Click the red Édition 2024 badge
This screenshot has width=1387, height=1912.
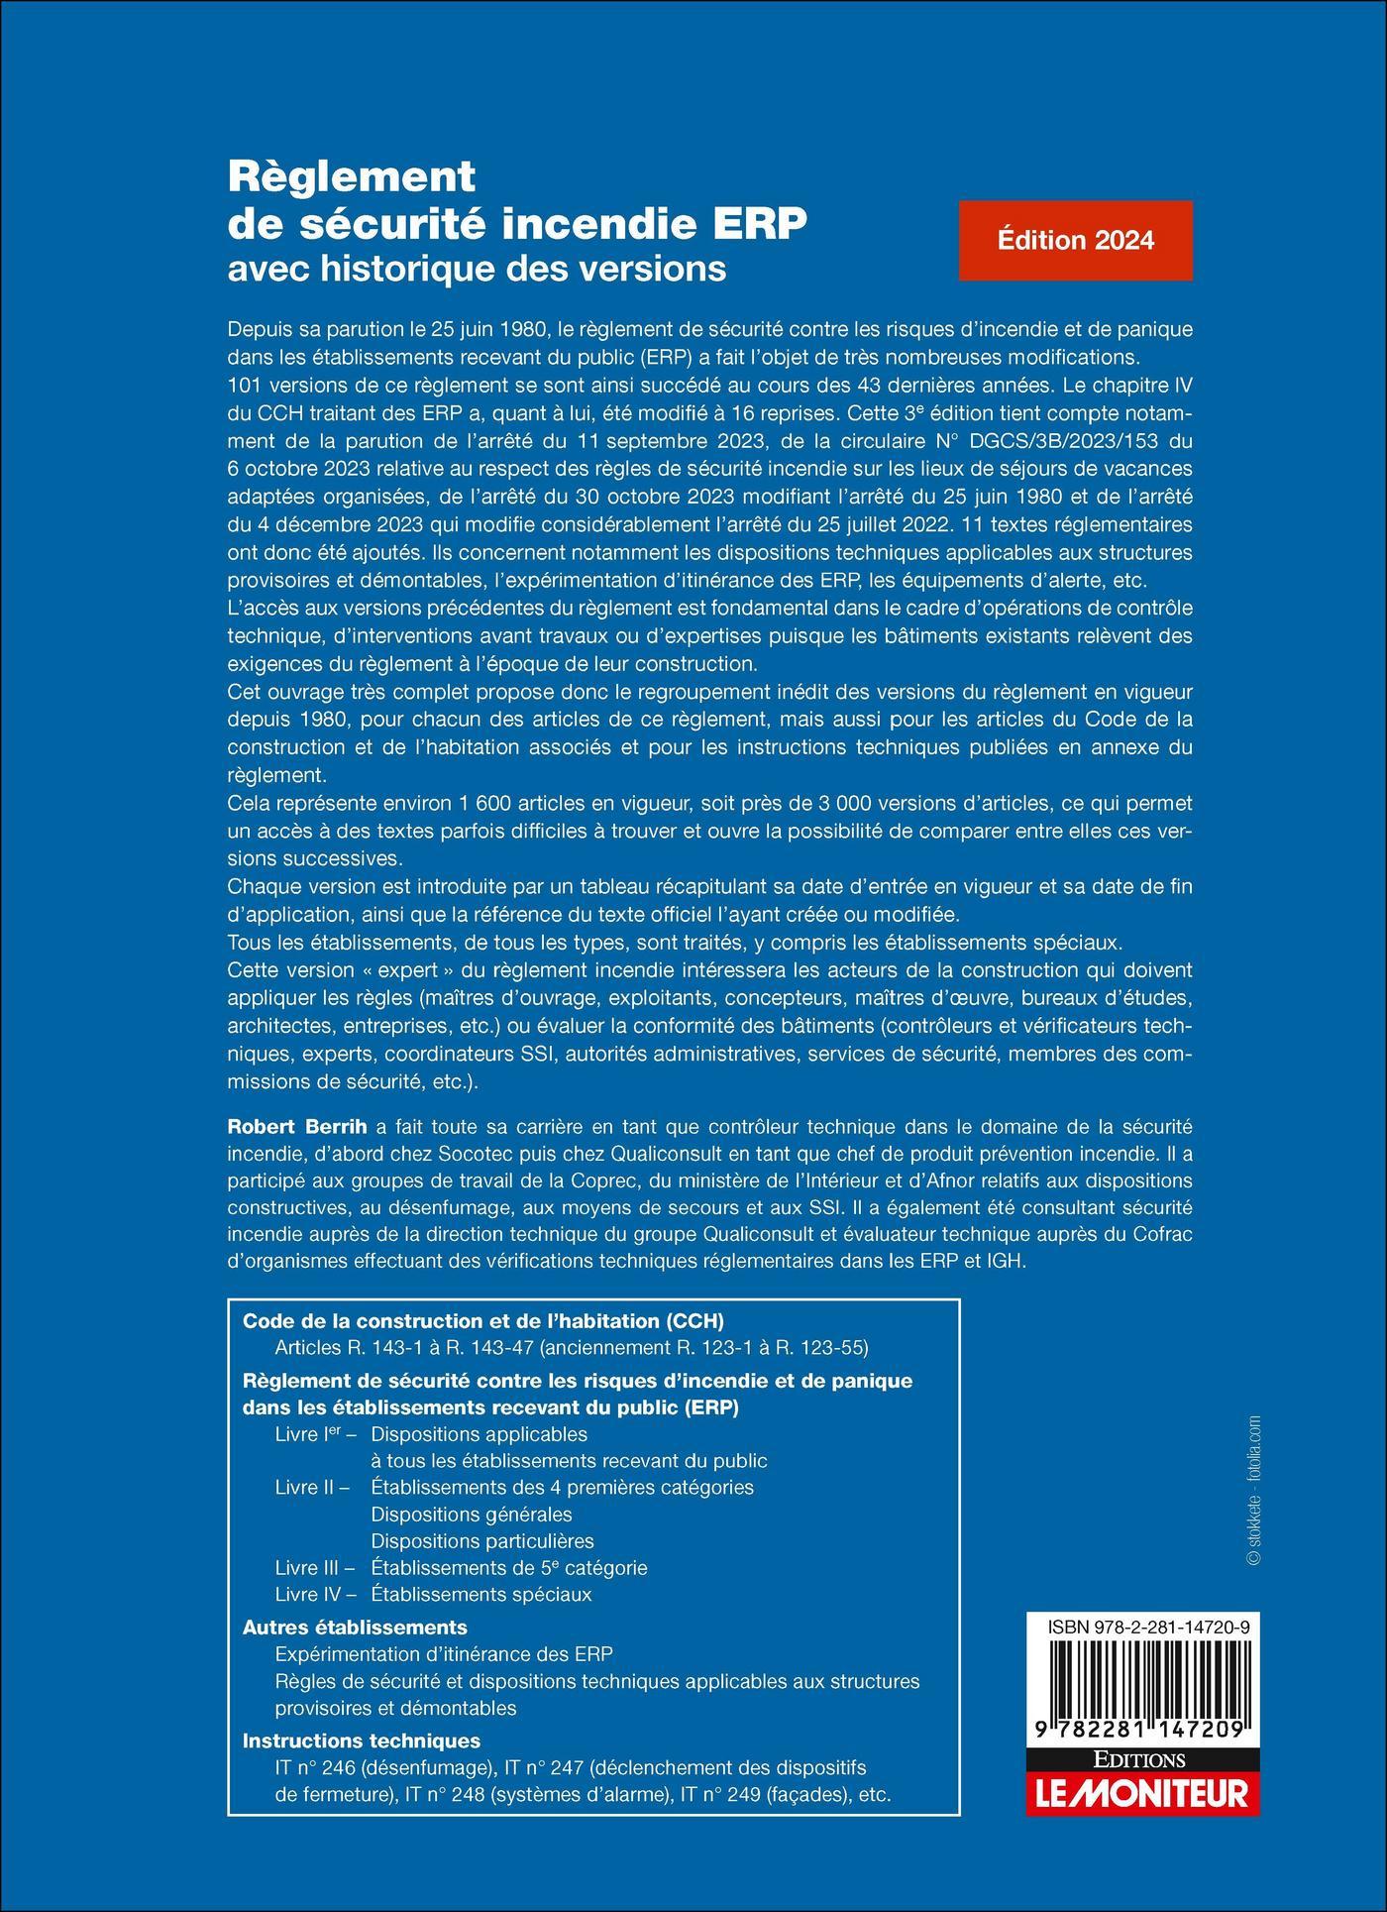click(1075, 241)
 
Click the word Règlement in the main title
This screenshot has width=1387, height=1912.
click(352, 177)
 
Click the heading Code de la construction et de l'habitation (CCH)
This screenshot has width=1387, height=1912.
click(483, 1320)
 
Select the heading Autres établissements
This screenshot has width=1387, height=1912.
click(355, 1627)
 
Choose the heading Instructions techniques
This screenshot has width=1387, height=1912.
click(362, 1740)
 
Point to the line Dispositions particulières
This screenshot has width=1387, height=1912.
click(481, 1540)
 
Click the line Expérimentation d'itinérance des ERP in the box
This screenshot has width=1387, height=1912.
click(444, 1653)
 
